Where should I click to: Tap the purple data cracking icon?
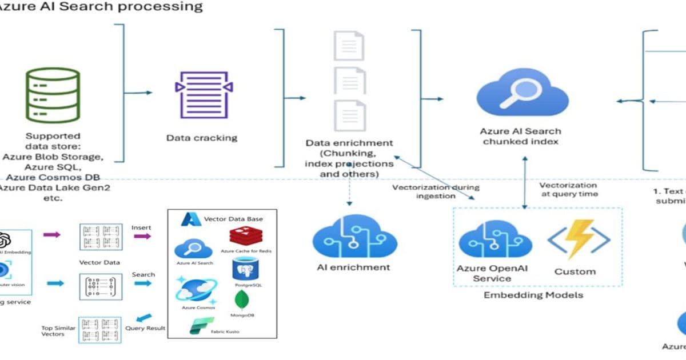(x=204, y=95)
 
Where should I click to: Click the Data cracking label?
(x=201, y=138)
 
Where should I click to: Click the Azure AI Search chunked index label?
(x=521, y=137)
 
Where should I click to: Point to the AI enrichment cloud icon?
(x=353, y=237)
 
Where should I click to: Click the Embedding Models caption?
(x=533, y=295)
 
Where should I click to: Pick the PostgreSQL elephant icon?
(x=245, y=267)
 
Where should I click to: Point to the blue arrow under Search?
(x=143, y=283)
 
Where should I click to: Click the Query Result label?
(x=145, y=328)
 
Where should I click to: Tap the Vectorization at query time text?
(x=568, y=190)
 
